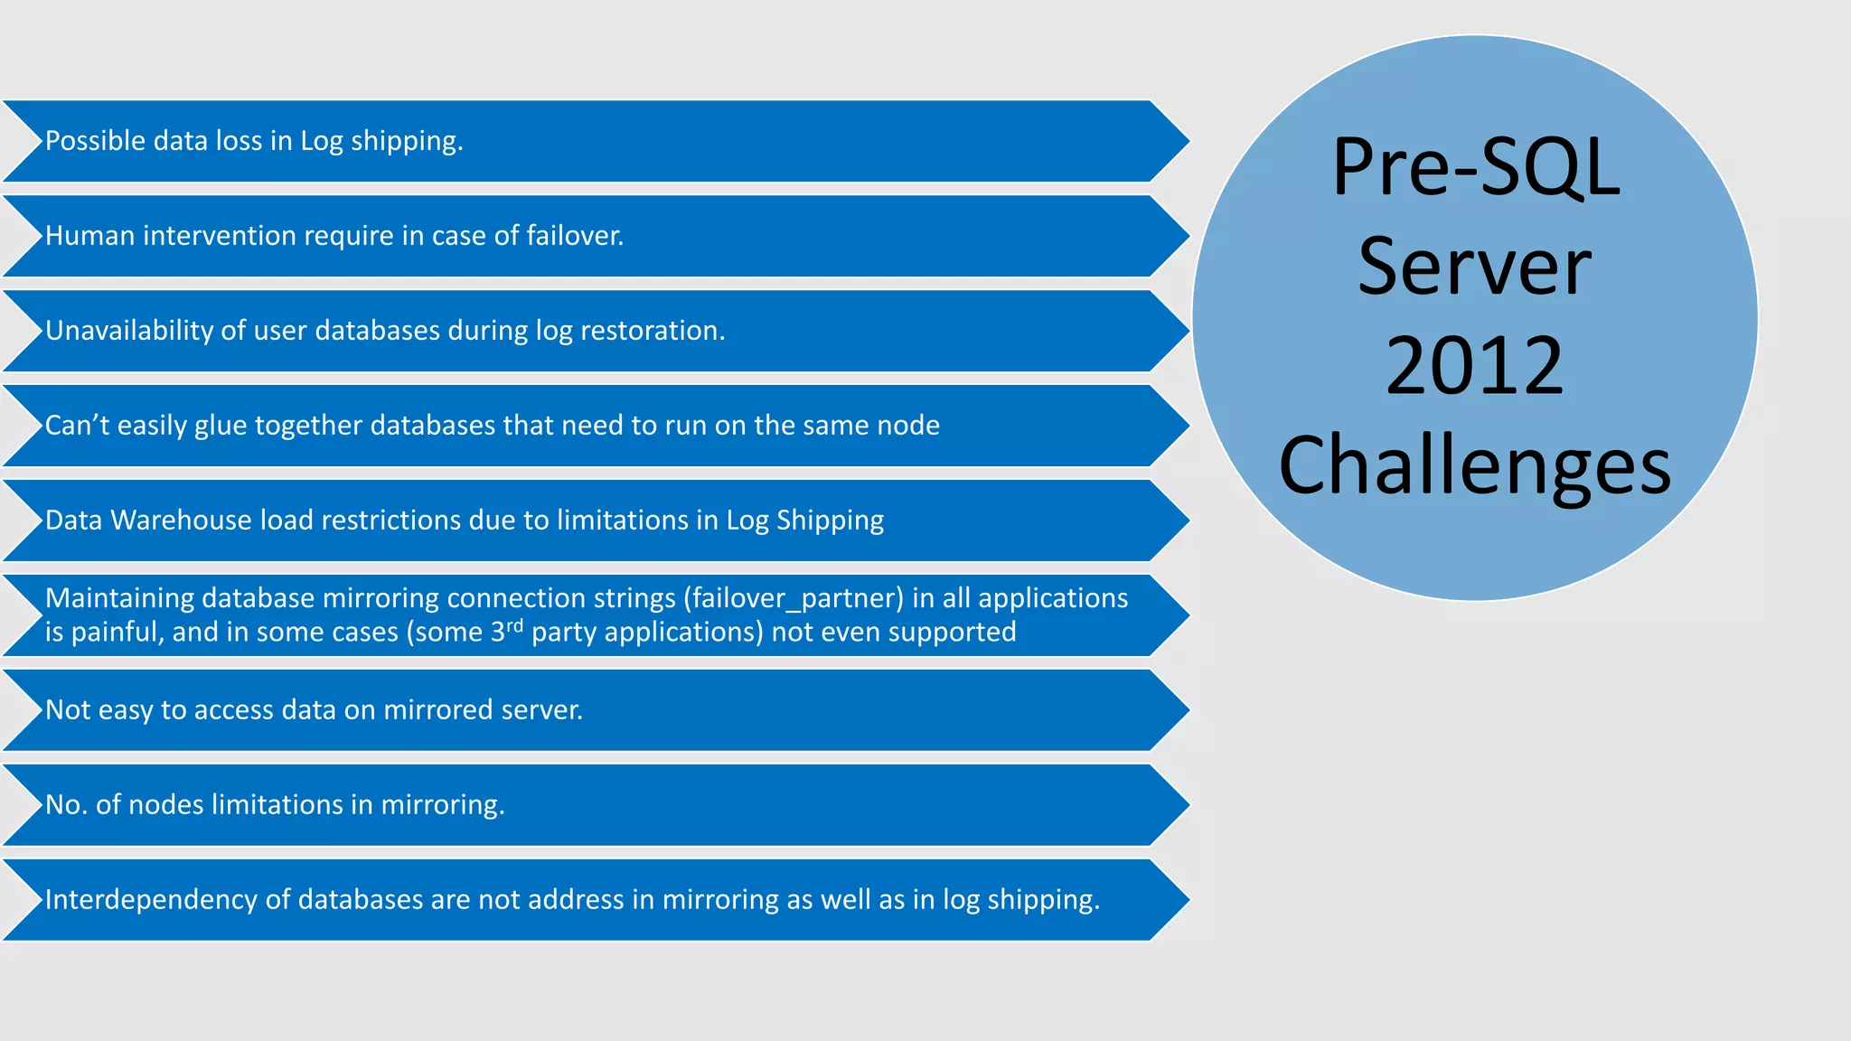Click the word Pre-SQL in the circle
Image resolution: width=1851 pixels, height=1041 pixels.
[1475, 167]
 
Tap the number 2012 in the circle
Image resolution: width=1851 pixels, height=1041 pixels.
[1474, 366]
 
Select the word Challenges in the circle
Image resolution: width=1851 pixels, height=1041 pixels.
[1474, 465]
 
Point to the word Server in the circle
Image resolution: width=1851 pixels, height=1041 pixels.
[1474, 267]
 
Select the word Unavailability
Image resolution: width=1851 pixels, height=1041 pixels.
[129, 331]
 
